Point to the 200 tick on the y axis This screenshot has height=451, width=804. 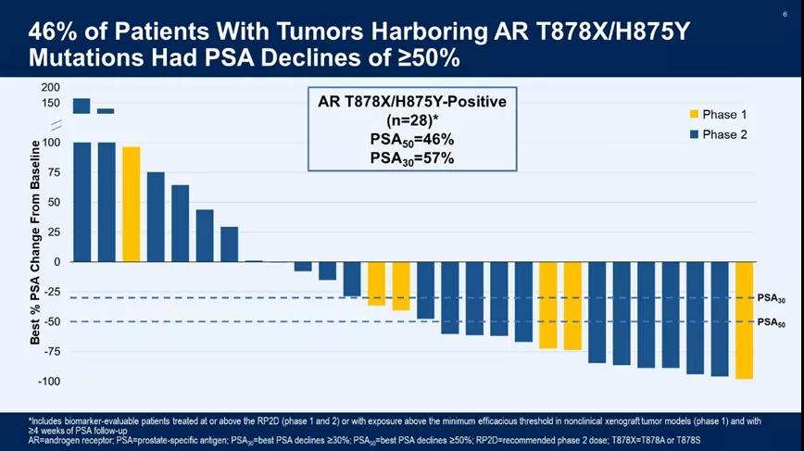[50, 87]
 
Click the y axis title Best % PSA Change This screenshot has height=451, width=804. [35, 243]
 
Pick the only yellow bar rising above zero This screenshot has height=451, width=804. [131, 204]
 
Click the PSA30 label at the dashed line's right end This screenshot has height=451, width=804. [771, 298]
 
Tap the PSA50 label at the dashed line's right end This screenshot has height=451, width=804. [771, 322]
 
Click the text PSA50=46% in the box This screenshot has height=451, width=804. [408, 140]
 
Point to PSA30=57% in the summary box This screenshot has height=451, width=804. [408, 157]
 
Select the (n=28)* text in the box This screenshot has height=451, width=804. [408, 120]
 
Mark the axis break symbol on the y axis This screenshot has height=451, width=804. [57, 124]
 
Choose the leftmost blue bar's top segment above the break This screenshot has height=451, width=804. [82, 106]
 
